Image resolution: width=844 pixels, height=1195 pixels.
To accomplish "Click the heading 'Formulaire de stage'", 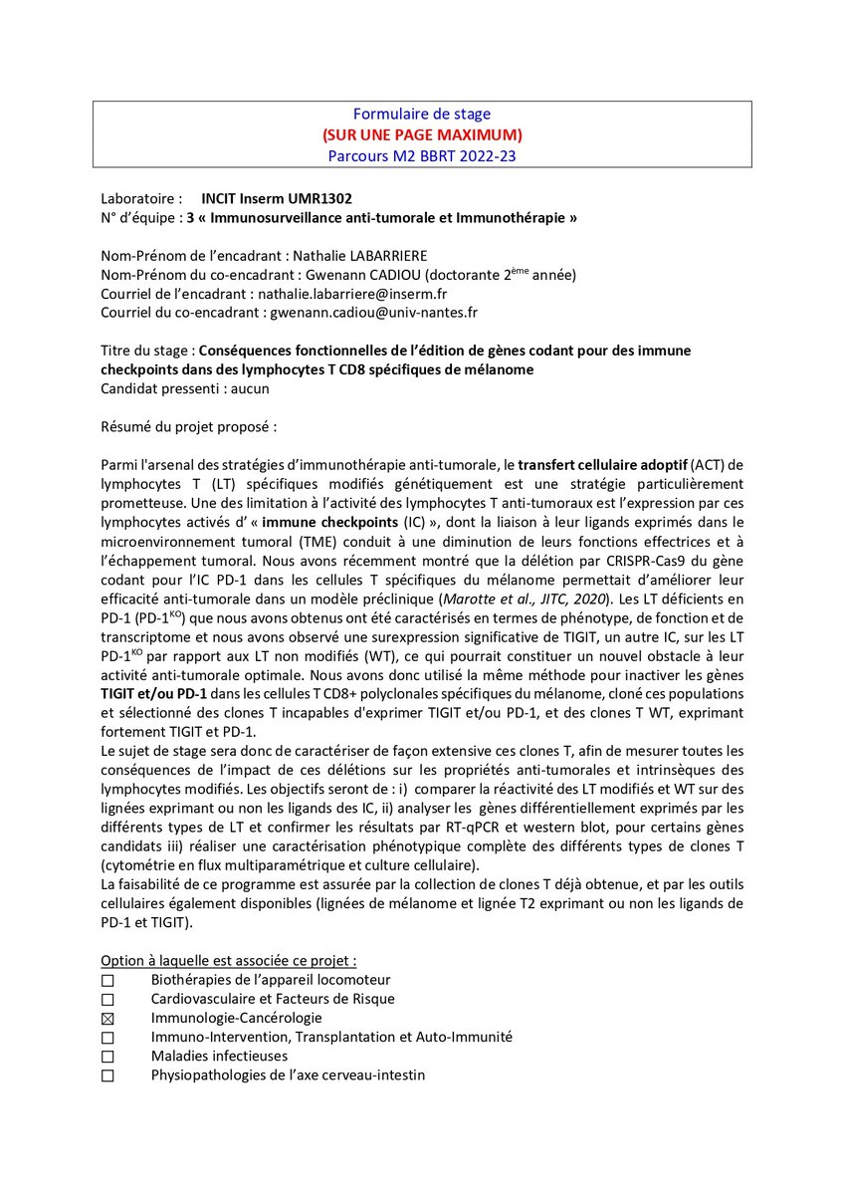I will point(422,115).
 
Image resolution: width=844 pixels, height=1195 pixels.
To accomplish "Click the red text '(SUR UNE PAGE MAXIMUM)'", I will point(422,134).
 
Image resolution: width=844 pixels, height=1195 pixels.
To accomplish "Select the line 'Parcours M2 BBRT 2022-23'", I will point(422,155).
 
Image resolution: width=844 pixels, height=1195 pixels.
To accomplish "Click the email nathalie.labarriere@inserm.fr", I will point(364,293).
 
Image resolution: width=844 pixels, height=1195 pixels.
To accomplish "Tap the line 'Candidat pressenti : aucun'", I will point(184,388).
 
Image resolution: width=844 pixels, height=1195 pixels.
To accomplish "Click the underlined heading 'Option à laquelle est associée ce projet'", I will point(228,961).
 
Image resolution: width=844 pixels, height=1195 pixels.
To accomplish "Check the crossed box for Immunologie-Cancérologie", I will point(107,1019).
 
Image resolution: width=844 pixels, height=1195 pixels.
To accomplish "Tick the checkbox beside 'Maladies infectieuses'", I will point(107,1057).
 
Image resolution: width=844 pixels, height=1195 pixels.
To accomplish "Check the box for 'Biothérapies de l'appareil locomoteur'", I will point(107,981).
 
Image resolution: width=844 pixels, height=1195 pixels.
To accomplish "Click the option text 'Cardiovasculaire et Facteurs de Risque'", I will point(272,999).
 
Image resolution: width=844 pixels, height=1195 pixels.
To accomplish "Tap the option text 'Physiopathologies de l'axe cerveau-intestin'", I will point(288,1075).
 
